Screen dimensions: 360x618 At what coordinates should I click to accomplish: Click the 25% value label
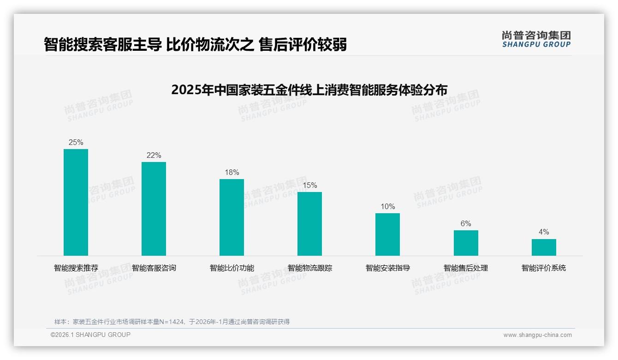click(x=76, y=143)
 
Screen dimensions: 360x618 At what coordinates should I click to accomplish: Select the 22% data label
click(x=154, y=156)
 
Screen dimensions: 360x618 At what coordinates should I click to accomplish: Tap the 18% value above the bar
click(x=232, y=173)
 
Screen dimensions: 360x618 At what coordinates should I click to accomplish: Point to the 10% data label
click(x=387, y=207)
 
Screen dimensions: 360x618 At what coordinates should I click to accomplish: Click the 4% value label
click(x=544, y=232)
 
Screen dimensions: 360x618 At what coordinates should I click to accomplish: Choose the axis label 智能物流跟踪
click(x=309, y=268)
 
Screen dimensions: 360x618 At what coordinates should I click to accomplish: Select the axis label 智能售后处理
click(x=466, y=268)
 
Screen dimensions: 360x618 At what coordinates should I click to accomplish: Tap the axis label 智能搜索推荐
click(x=76, y=268)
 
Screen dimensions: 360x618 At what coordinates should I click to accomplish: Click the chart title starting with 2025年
click(x=309, y=90)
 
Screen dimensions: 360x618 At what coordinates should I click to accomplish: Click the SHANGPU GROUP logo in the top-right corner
click(x=536, y=39)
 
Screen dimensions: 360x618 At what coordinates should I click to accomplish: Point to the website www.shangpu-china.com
click(x=537, y=335)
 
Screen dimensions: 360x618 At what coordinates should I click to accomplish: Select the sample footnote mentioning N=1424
click(x=172, y=322)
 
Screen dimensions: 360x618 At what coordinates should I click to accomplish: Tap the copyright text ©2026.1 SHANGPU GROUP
click(x=90, y=335)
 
